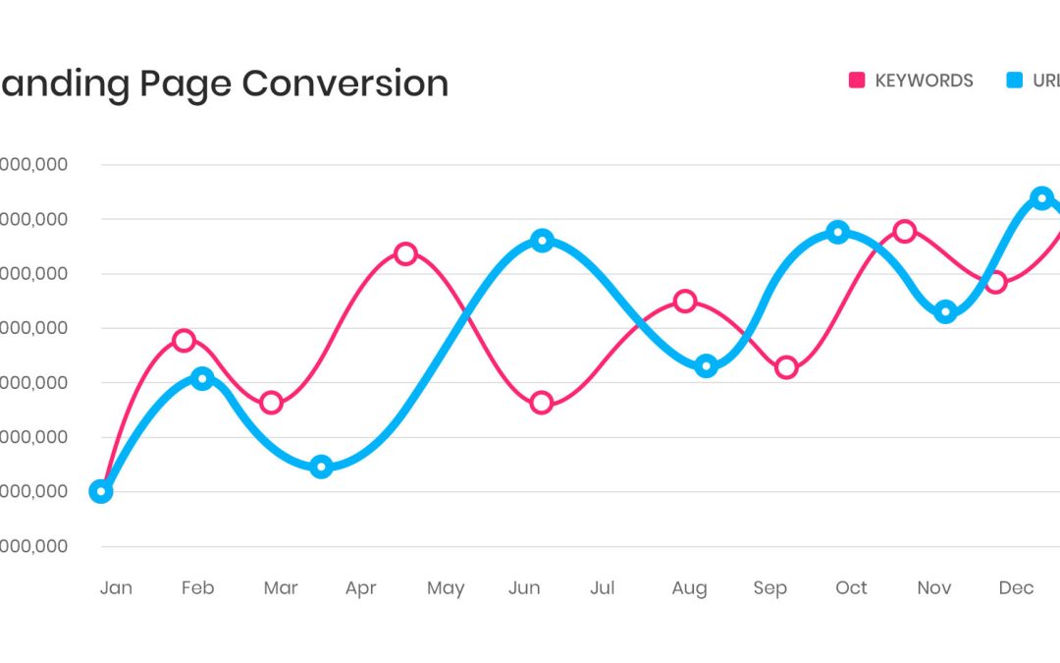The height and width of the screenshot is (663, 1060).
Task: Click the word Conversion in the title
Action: click(x=344, y=83)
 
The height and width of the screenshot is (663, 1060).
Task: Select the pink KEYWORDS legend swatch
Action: click(x=856, y=81)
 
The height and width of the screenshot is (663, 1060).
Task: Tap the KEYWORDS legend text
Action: click(x=924, y=81)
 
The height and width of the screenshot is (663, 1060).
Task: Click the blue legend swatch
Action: click(x=1015, y=81)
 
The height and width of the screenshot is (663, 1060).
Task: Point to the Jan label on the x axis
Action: click(x=116, y=587)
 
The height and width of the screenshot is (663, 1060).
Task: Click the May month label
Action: click(x=445, y=588)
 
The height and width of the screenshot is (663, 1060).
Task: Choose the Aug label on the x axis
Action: click(x=689, y=588)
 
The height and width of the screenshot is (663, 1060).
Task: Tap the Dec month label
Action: click(x=1016, y=587)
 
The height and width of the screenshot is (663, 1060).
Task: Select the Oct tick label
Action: click(x=851, y=587)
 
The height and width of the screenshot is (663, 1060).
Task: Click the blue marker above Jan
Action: click(x=100, y=491)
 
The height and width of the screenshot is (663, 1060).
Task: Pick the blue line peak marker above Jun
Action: click(x=542, y=241)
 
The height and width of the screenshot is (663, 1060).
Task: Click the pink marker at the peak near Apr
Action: click(x=405, y=253)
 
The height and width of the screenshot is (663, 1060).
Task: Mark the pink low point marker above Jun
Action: click(x=542, y=403)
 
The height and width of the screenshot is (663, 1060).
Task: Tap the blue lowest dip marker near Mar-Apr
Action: click(x=321, y=467)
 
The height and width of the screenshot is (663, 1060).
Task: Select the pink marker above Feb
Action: click(x=184, y=340)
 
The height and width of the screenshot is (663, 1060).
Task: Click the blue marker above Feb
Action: click(x=202, y=379)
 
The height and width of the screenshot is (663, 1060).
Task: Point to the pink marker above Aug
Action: click(x=685, y=301)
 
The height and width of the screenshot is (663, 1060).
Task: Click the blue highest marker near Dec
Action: click(x=1042, y=197)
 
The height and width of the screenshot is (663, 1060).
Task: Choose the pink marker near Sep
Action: click(x=786, y=368)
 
